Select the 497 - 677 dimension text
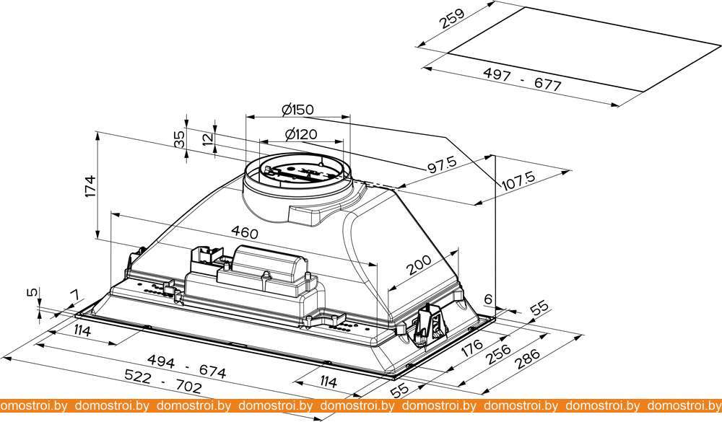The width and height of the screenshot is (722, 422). pyautogui.click(x=526, y=79)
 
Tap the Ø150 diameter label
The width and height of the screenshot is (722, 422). pyautogui.click(x=297, y=110)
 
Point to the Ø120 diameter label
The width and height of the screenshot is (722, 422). pyautogui.click(x=300, y=134)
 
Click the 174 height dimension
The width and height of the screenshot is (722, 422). pyautogui.click(x=91, y=186)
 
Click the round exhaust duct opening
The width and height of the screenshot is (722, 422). pyautogui.click(x=297, y=173)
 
